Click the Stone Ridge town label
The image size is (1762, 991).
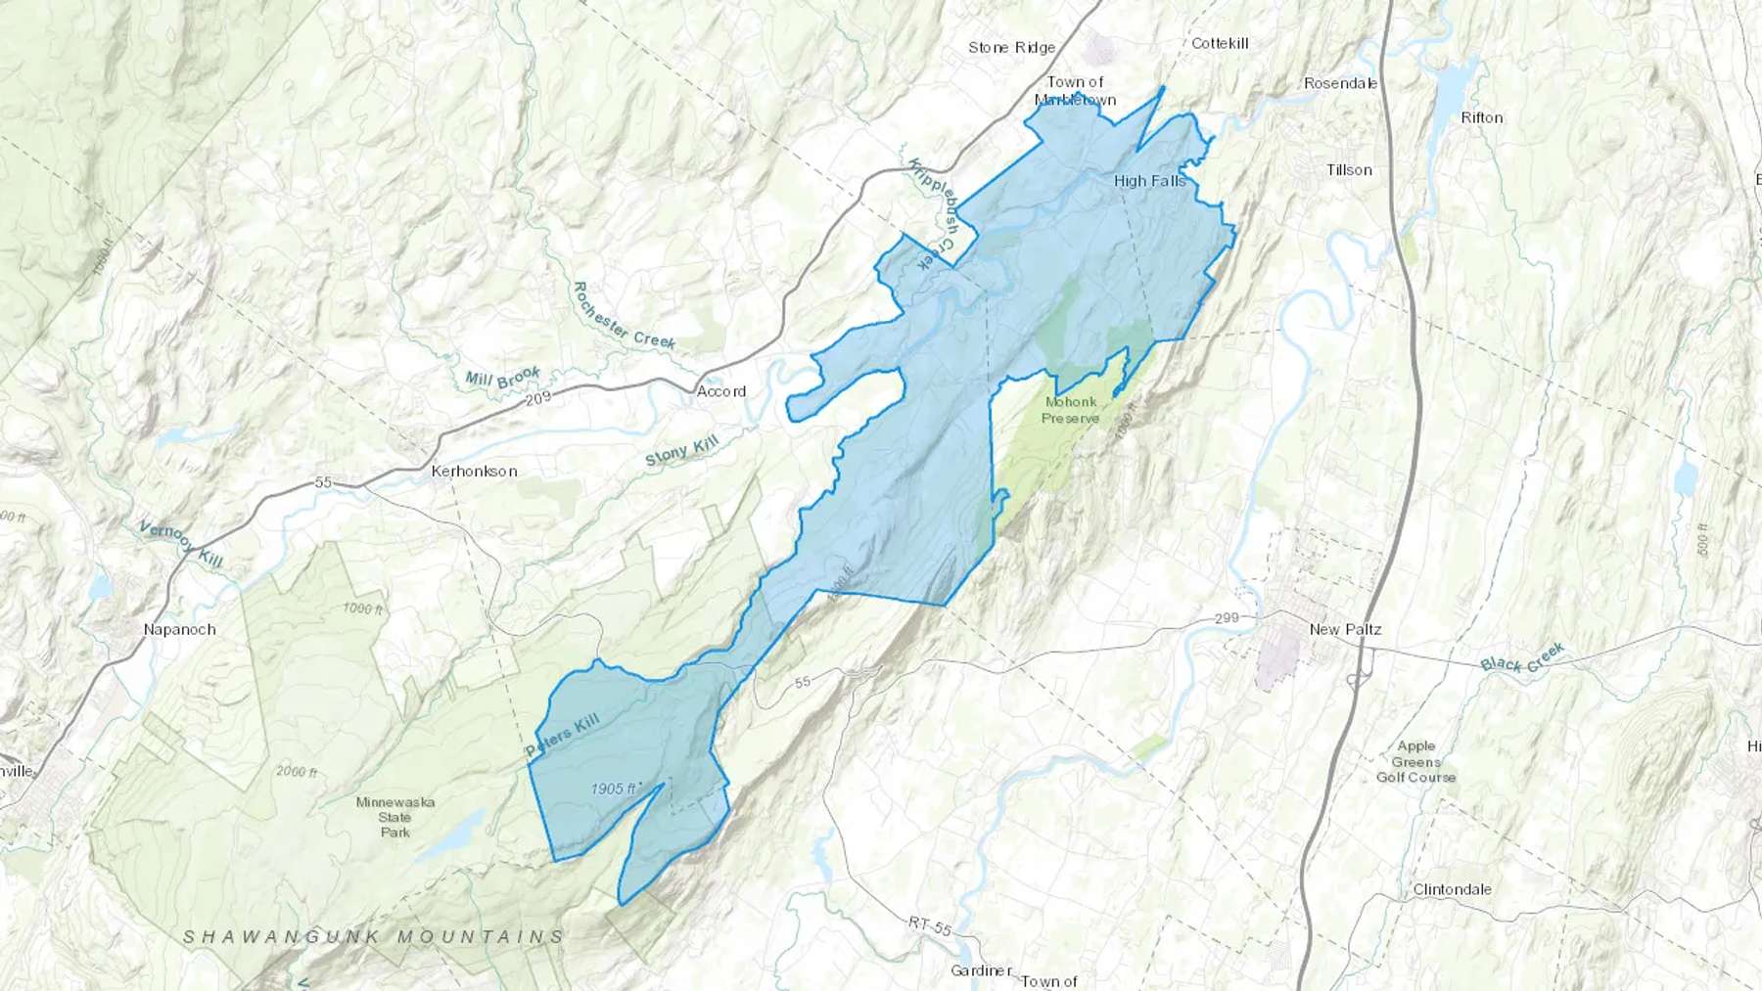coord(1011,47)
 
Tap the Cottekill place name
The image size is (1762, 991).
coord(1220,43)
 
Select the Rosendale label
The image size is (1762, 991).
coord(1340,83)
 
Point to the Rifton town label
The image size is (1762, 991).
coord(1481,117)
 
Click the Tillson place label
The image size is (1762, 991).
coord(1349,170)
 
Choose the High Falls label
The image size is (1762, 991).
coord(1149,181)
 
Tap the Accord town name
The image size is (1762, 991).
coord(721,391)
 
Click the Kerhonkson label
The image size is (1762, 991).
coord(474,472)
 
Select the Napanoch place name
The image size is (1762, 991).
coord(179,629)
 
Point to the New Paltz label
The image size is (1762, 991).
coord(1345,629)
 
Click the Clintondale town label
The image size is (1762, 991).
coord(1452,889)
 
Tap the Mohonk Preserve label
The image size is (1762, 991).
coord(1070,410)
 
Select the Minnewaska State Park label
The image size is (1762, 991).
coord(395,817)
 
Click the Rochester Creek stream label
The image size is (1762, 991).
coord(623,316)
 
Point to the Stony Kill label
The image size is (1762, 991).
coord(681,451)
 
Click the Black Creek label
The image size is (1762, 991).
coord(1522,657)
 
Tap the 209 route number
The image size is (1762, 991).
coord(538,398)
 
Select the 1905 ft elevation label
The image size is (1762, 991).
coord(615,788)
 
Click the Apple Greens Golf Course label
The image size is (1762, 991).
coord(1415,762)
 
